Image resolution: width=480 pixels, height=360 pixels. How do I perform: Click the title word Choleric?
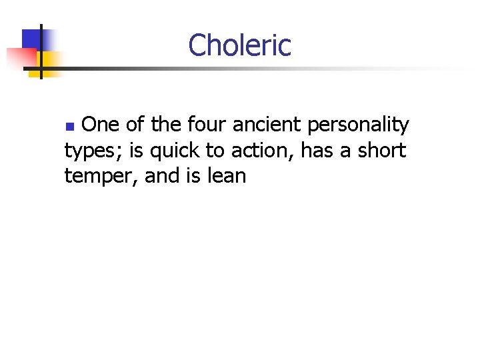pos(239,45)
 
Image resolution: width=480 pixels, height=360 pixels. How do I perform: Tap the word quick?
pos(175,151)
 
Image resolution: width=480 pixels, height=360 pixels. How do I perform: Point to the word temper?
pos(99,177)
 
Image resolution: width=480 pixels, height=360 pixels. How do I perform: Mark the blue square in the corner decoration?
pos(32,40)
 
